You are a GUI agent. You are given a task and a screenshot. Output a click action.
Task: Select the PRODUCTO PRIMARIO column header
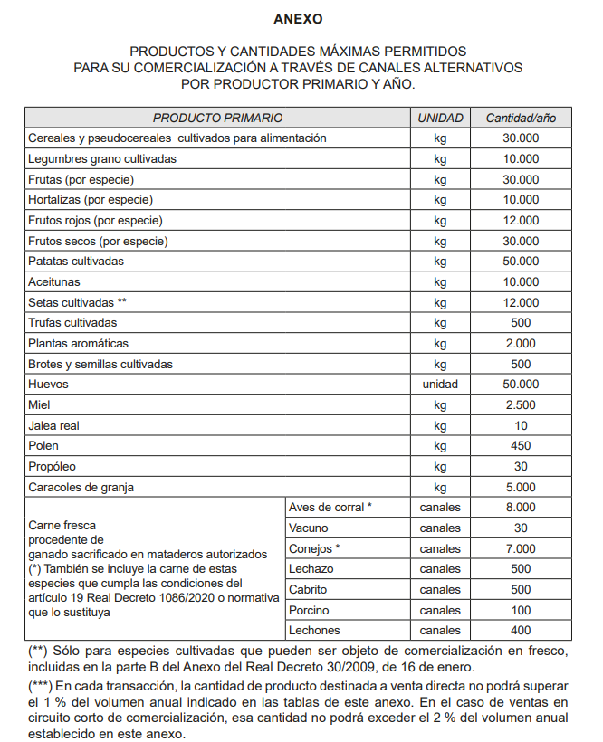tap(217, 118)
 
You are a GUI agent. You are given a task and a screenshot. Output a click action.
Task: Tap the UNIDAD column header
tap(441, 118)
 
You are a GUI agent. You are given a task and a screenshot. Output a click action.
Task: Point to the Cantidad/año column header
tap(521, 118)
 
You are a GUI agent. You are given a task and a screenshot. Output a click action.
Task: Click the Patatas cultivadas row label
tap(76, 261)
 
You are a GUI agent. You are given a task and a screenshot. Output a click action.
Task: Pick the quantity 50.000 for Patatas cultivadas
tap(521, 261)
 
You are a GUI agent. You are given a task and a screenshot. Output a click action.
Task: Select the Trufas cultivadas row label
tap(72, 322)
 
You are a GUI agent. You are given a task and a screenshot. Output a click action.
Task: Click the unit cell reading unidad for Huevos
tap(441, 384)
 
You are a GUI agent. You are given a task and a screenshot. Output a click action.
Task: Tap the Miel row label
tap(39, 404)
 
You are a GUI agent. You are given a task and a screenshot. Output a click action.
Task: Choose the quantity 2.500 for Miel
tap(521, 404)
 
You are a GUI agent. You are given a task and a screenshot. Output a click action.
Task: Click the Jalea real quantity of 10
tap(521, 425)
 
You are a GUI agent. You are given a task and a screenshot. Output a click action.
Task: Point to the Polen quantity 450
tap(521, 445)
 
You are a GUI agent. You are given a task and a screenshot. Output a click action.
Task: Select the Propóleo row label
tap(52, 466)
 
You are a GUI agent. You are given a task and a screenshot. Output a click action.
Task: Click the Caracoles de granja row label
tap(81, 487)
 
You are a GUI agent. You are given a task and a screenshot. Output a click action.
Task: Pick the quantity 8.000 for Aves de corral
tap(521, 507)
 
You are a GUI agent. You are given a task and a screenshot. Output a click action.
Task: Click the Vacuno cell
tap(309, 528)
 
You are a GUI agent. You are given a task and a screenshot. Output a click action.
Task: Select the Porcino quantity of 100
tap(521, 610)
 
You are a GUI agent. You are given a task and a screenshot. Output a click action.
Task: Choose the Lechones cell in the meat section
tap(313, 631)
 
